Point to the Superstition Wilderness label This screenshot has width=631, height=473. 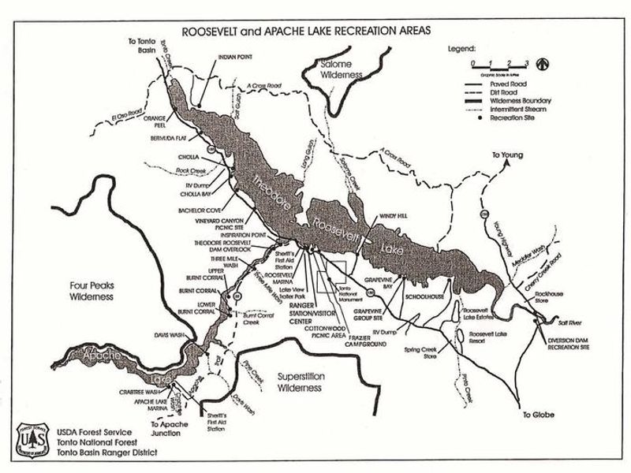[x=300, y=382]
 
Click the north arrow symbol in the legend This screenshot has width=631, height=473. [x=542, y=62]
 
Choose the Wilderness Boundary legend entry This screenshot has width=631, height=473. [x=508, y=101]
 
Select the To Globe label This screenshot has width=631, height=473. [x=537, y=413]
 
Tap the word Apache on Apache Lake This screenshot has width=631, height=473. [x=97, y=358]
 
